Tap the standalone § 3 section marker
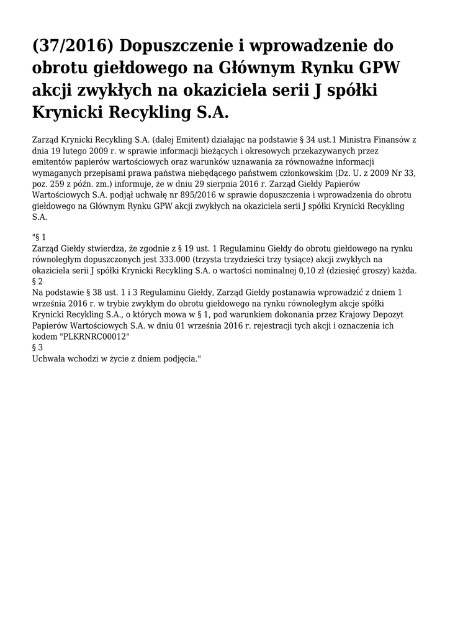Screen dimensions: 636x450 point(37,348)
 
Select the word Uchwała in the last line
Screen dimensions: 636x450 point(50,359)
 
